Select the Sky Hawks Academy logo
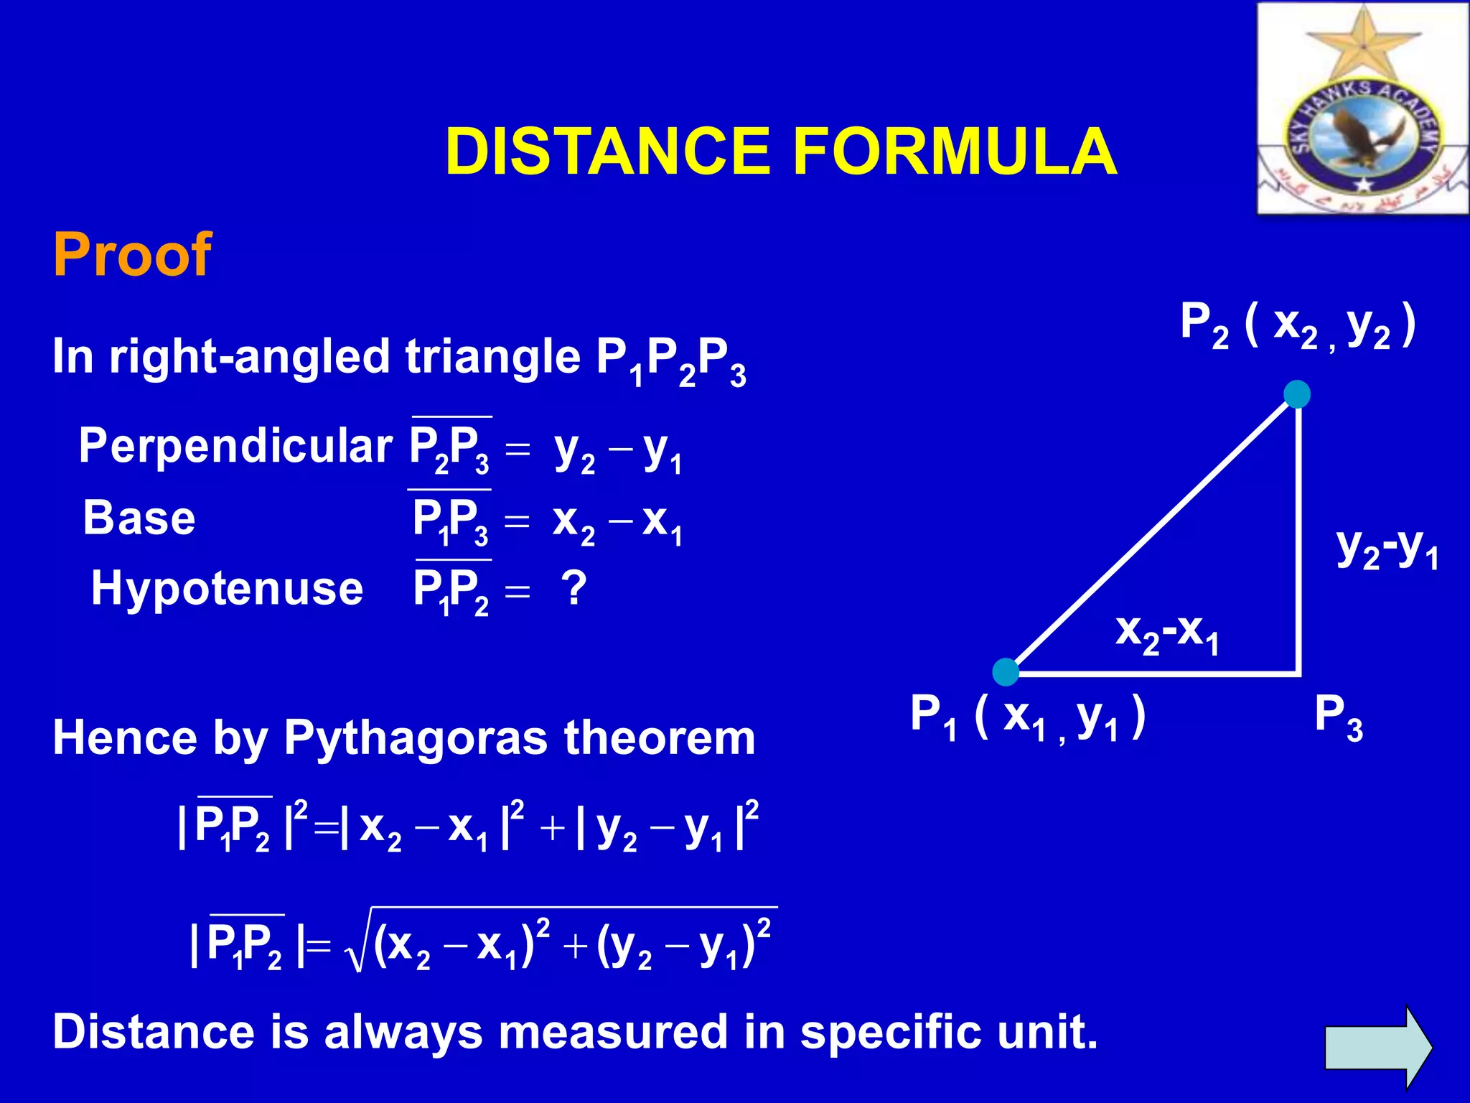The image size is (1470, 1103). pyautogui.click(x=1362, y=109)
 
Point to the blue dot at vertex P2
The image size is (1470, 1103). pyautogui.click(x=1297, y=394)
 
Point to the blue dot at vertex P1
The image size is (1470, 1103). pyautogui.click(x=1006, y=671)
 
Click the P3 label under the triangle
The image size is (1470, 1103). pyautogui.click(x=1338, y=717)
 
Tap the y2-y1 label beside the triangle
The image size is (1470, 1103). pyautogui.click(x=1387, y=549)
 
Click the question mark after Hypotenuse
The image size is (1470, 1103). pyautogui.click(x=574, y=589)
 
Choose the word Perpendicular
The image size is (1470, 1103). pyautogui.click(x=235, y=446)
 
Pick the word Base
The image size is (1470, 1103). pyautogui.click(x=139, y=518)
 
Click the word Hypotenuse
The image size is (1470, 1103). pyautogui.click(x=227, y=589)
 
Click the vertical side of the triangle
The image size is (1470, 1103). pyautogui.click(x=1299, y=539)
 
